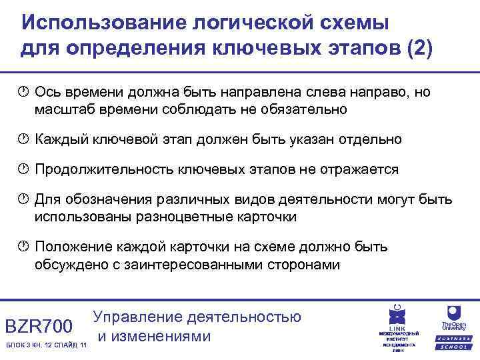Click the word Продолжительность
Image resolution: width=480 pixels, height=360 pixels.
click(105, 169)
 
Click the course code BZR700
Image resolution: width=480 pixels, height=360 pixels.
click(38, 326)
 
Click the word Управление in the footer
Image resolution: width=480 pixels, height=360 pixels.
click(139, 317)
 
